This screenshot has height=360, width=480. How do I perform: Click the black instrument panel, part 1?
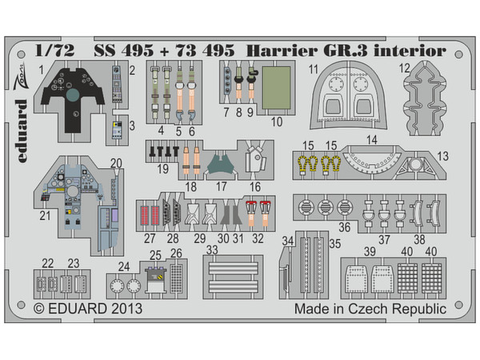73,101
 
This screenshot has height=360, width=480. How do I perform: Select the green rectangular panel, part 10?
276,88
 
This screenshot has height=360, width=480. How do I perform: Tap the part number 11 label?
314,70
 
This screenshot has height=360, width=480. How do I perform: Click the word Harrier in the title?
282,50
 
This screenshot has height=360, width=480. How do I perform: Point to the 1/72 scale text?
54,50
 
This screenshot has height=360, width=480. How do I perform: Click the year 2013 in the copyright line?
126,309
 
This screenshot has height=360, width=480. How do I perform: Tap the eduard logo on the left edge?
22,131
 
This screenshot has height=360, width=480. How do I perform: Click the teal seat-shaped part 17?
221,165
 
